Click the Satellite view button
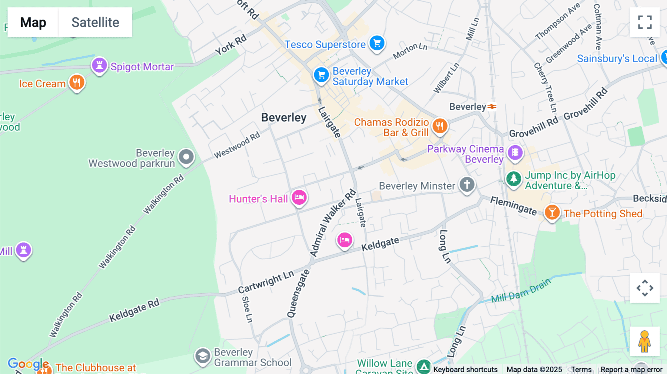click(95, 22)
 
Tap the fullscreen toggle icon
click(645, 22)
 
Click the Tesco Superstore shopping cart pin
click(377, 43)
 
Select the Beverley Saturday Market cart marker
click(321, 75)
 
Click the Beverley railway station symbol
click(492, 107)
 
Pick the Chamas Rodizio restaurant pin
click(440, 126)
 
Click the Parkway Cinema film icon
click(515, 152)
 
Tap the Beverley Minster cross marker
click(467, 184)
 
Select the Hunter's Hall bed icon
click(299, 197)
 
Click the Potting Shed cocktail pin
click(552, 213)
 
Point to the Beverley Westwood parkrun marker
click(186, 157)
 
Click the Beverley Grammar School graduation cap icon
click(203, 356)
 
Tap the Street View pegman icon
click(644, 341)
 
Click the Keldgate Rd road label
click(134, 310)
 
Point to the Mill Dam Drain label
click(521, 291)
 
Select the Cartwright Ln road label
click(266, 282)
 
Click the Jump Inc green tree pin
click(514, 179)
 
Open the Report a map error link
click(631, 370)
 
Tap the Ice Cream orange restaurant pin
click(77, 82)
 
